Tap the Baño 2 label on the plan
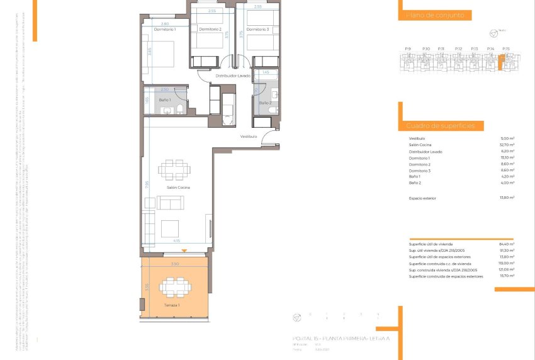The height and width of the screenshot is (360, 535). [265, 102]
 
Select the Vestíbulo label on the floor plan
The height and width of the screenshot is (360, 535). [248, 137]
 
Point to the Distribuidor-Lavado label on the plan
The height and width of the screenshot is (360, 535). [234, 76]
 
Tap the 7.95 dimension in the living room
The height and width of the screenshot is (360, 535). [147, 184]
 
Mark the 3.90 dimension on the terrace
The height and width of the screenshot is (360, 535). [174, 264]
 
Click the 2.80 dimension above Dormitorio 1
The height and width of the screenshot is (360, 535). [165, 24]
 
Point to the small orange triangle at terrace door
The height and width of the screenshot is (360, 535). [175, 251]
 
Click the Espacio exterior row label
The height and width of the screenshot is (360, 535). [422, 198]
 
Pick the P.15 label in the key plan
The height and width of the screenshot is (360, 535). [506, 48]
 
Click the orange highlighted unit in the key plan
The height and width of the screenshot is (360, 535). [502, 62]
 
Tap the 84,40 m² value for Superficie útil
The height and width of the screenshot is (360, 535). [507, 244]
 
